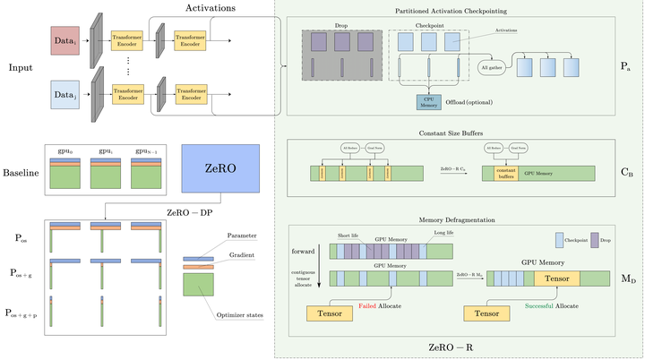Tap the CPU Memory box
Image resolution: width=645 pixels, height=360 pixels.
tap(429, 102)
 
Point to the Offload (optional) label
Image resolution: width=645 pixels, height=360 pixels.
tap(469, 102)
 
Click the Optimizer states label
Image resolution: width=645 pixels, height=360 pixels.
tap(234, 315)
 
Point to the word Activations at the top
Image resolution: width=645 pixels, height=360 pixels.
tap(211, 8)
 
